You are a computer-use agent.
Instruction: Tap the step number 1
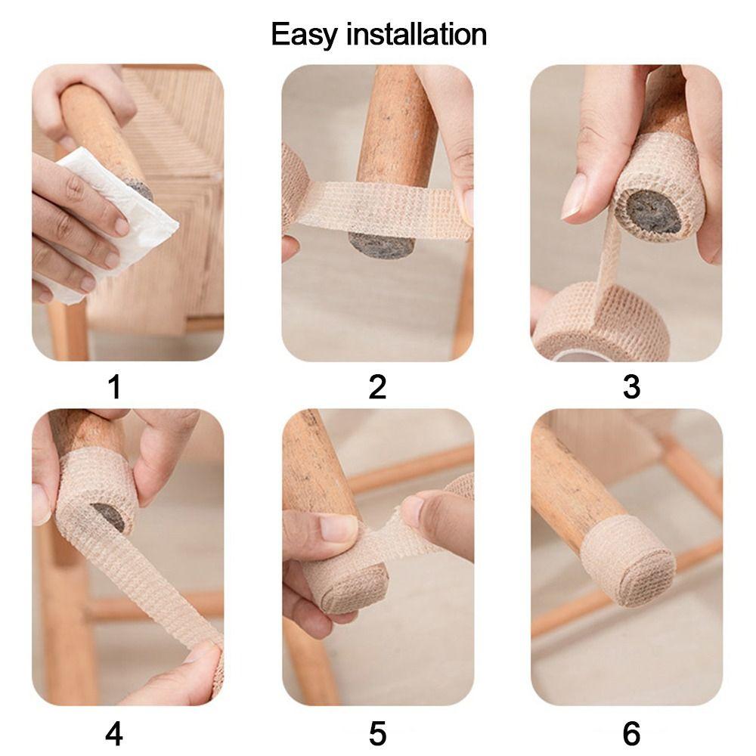pyautogui.click(x=114, y=387)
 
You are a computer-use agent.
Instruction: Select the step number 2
pyautogui.click(x=377, y=387)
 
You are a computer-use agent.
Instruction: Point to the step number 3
pyautogui.click(x=631, y=387)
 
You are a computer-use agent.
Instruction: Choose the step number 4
pyautogui.click(x=114, y=733)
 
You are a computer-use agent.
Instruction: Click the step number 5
pyautogui.click(x=377, y=733)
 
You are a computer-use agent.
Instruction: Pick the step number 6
pyautogui.click(x=631, y=733)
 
